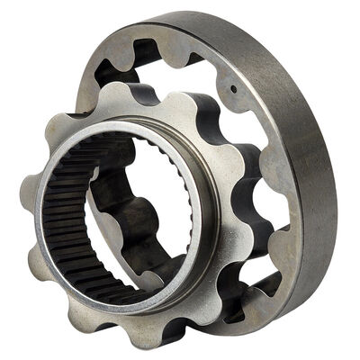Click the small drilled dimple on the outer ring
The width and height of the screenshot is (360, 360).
(233, 88)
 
